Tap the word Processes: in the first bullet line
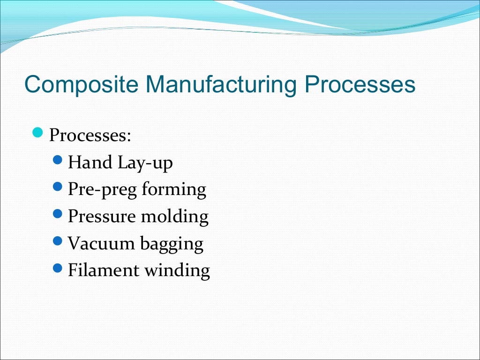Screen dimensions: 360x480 90,136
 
